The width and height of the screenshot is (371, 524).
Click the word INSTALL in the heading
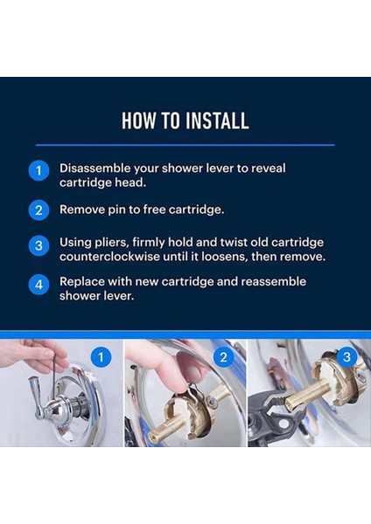coord(217,121)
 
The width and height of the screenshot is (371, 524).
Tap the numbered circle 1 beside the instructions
coord(38,171)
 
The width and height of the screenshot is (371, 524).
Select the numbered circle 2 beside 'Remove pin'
coord(38,210)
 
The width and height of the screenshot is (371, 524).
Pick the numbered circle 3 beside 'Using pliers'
coord(38,245)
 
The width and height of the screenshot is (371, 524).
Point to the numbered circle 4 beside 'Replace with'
coord(38,285)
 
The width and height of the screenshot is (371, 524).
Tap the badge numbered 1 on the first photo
coord(101,357)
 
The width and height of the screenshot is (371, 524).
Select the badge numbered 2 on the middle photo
coord(223,357)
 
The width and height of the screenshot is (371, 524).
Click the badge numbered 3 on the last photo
coord(346,357)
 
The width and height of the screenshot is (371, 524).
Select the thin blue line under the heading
coord(185,145)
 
